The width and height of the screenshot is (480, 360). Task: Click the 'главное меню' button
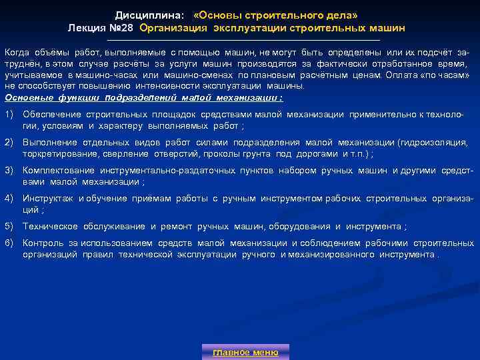[245, 352]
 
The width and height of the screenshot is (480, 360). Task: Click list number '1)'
[9, 115]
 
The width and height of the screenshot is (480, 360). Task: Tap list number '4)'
[9, 199]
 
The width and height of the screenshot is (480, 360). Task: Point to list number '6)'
[9, 243]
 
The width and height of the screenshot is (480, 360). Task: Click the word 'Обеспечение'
[51, 115]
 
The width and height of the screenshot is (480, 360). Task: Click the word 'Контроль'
[41, 243]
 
